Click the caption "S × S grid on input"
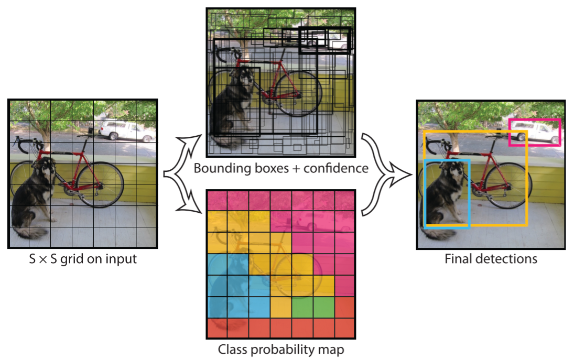83,258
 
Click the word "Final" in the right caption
458,258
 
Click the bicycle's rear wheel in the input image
100,183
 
